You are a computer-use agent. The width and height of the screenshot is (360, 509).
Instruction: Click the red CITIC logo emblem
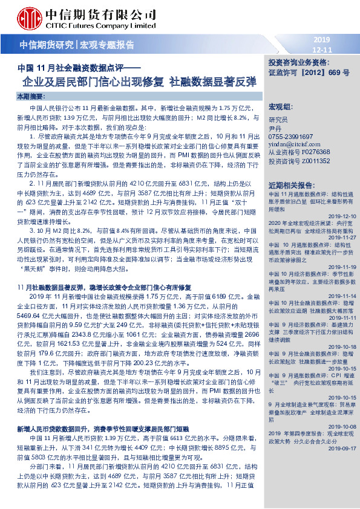coord(30,18)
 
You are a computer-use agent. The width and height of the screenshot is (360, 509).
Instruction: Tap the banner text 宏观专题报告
coord(107,45)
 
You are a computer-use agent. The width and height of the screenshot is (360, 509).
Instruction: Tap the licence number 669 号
coord(338,72)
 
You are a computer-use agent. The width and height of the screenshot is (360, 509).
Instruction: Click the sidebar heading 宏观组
coord(279,106)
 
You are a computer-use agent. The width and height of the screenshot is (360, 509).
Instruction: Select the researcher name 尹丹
coord(275,129)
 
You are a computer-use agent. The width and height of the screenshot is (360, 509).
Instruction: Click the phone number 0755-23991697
coord(292,137)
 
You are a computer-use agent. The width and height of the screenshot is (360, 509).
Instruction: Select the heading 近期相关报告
coord(290,184)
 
